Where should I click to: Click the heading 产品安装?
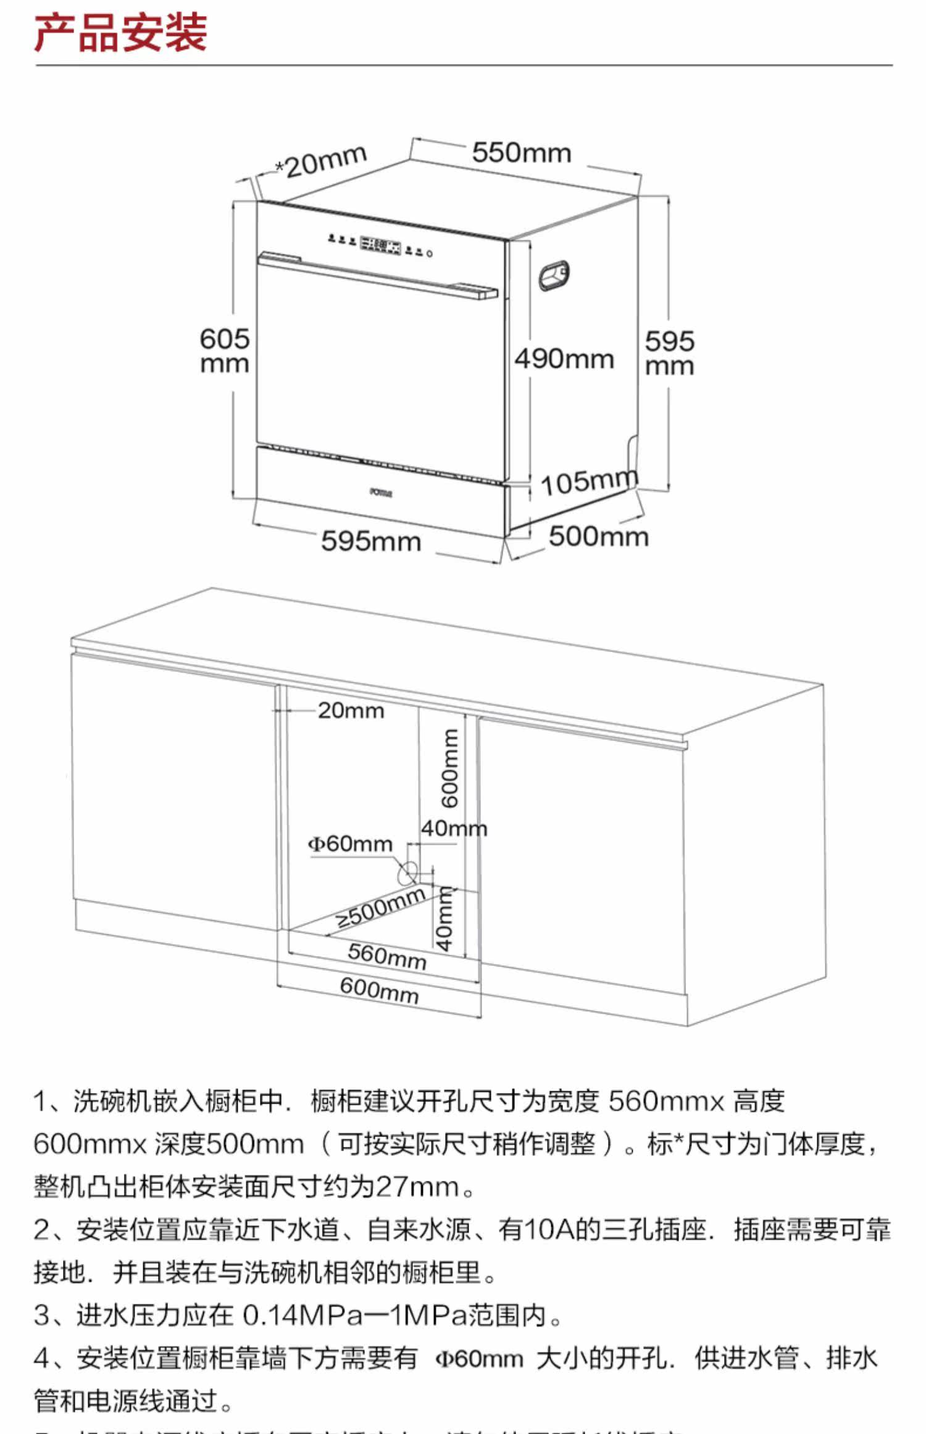[x=120, y=33]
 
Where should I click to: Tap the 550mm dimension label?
[x=522, y=153]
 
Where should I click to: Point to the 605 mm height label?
[x=225, y=351]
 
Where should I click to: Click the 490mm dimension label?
[x=564, y=359]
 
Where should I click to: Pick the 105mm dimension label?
[x=588, y=481]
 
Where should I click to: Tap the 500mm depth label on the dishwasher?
[x=598, y=536]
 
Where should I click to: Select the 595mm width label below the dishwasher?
[x=371, y=541]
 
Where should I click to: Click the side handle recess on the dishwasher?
[x=554, y=275]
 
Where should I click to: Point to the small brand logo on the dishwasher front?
[x=381, y=492]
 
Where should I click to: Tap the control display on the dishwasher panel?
[x=380, y=245]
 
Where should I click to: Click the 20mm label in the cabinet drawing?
[x=351, y=711]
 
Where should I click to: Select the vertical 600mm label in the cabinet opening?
[x=450, y=768]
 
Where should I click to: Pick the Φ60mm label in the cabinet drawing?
[x=350, y=844]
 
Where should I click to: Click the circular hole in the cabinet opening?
[x=407, y=872]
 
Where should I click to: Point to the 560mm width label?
[x=386, y=956]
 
